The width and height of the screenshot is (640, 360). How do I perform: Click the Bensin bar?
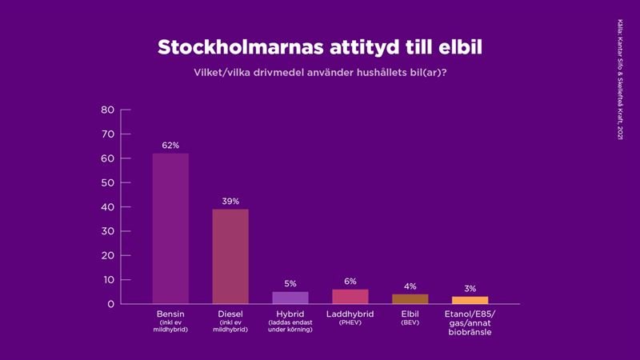(170, 228)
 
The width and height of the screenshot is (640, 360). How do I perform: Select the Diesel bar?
(230, 256)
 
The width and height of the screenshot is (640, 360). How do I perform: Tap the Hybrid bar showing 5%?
(290, 298)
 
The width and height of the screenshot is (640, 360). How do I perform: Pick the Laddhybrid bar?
(350, 297)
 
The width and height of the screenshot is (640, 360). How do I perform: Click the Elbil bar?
(410, 299)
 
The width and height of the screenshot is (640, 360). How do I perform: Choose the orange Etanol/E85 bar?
(470, 300)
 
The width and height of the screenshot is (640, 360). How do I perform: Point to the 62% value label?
(170, 146)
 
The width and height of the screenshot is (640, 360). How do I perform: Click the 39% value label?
(230, 202)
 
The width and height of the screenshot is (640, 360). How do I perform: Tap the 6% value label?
(350, 282)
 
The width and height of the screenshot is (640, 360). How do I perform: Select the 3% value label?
(470, 289)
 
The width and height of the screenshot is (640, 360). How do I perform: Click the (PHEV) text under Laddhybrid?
(350, 322)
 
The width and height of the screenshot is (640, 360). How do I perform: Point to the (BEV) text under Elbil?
(410, 322)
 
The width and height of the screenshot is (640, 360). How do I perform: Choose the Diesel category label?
(230, 314)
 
